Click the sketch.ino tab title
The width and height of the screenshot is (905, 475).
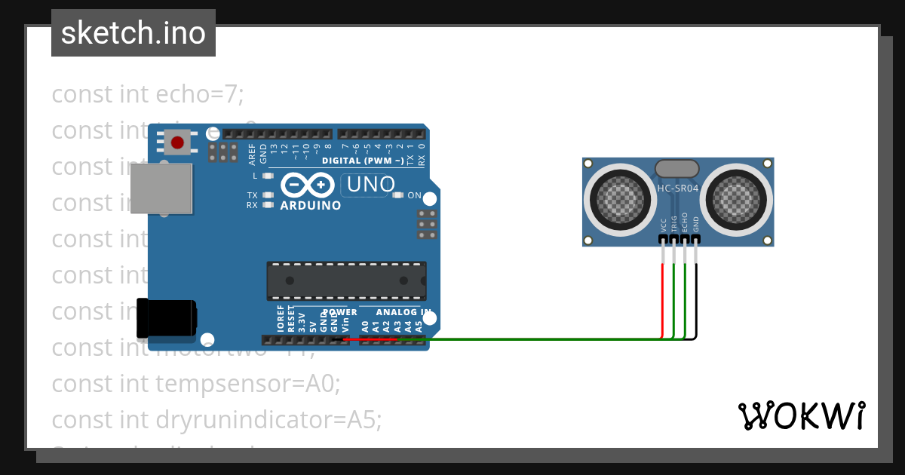click(x=133, y=33)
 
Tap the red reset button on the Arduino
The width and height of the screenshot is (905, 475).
click(x=178, y=142)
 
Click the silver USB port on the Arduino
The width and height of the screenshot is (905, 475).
click(x=161, y=188)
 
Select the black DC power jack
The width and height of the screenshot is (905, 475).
click(x=166, y=318)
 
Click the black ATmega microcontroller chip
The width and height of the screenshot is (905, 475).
click(x=346, y=281)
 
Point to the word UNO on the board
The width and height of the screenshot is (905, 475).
click(x=369, y=185)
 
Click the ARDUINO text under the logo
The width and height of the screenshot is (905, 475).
click(x=310, y=206)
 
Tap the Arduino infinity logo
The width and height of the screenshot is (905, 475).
click(x=308, y=185)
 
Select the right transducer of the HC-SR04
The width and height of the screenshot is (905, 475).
click(x=736, y=198)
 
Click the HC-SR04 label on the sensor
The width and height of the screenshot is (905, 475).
click(x=676, y=188)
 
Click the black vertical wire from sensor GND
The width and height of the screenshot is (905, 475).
click(x=695, y=294)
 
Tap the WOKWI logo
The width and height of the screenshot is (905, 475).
click(x=801, y=415)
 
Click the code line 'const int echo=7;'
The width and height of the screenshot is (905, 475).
click(x=148, y=94)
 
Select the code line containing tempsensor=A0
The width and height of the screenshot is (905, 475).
click(x=196, y=384)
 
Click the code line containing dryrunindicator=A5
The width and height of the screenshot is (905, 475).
click(x=216, y=420)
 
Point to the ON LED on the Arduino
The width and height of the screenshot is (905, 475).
click(x=399, y=195)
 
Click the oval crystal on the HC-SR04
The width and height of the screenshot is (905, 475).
click(x=676, y=169)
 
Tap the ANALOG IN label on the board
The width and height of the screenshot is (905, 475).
click(x=403, y=312)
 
